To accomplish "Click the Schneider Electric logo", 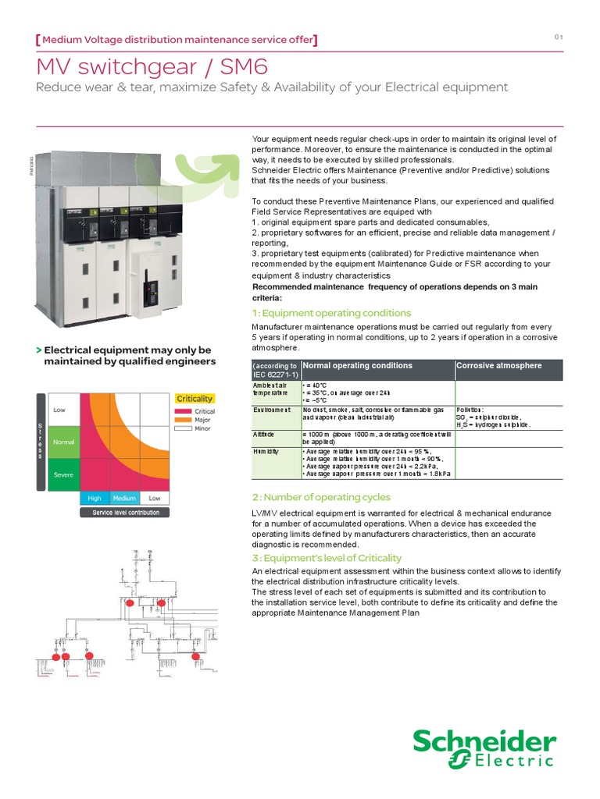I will tap(484, 749).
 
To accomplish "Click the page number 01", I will tap(559, 37).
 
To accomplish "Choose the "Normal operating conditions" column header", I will tap(357, 365).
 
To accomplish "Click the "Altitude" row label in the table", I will tap(264, 433).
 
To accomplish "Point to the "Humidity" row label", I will tap(266, 451).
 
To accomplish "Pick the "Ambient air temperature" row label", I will tap(270, 389).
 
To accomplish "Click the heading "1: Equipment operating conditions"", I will tap(330, 313).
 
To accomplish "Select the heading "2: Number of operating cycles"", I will tap(320, 497).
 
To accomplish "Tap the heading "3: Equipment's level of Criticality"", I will tap(326, 558).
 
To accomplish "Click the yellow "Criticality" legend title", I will tap(195, 399).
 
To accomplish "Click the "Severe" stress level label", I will tap(63, 474).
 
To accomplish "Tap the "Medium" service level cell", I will tap(124, 498).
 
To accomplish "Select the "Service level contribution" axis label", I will tap(125, 513).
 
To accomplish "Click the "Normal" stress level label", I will tap(63, 442).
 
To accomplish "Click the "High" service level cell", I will tap(95, 498).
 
